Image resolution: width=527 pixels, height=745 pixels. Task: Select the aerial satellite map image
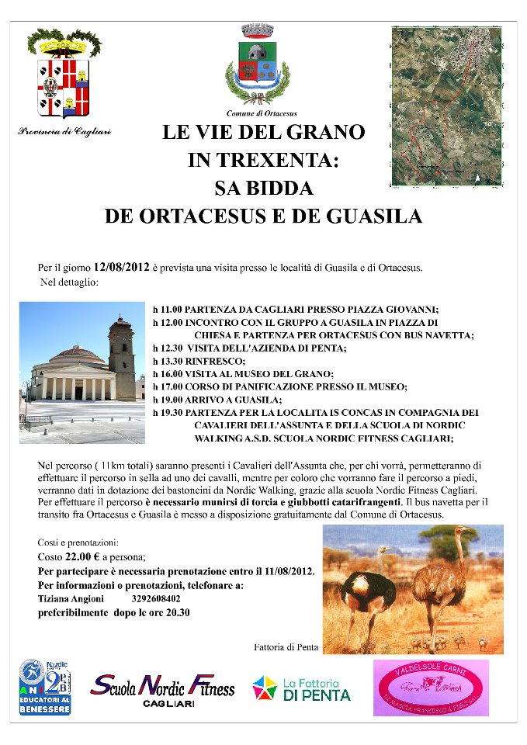446,106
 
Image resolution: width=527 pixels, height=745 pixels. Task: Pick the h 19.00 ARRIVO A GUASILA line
217,399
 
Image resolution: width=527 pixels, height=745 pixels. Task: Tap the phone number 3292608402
156,599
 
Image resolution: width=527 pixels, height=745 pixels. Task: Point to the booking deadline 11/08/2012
286,571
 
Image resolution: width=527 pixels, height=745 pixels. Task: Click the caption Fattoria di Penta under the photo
286,647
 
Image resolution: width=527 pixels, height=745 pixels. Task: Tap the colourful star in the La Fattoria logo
264,688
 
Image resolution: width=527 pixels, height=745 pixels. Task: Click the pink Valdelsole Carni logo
431,688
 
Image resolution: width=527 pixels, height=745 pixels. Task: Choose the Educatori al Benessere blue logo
45,687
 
